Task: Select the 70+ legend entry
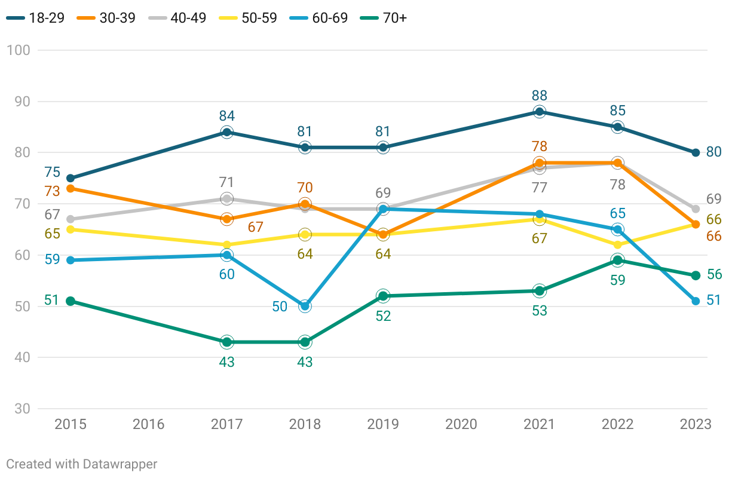tap(387, 18)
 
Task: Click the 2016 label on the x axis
tap(148, 424)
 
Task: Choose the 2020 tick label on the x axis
tap(461, 424)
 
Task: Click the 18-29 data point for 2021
tap(540, 112)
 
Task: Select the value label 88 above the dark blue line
tap(540, 96)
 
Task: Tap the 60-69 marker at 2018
tap(305, 307)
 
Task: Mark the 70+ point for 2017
tap(226, 342)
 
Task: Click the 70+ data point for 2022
tap(618, 260)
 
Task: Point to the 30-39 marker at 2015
tap(71, 189)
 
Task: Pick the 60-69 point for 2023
tap(696, 301)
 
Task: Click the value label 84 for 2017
tap(226, 116)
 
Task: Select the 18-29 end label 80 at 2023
tap(714, 152)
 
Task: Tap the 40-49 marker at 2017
tap(226, 199)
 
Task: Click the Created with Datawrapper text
tap(82, 464)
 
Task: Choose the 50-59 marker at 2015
tap(71, 229)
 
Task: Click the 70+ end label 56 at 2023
tap(714, 275)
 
